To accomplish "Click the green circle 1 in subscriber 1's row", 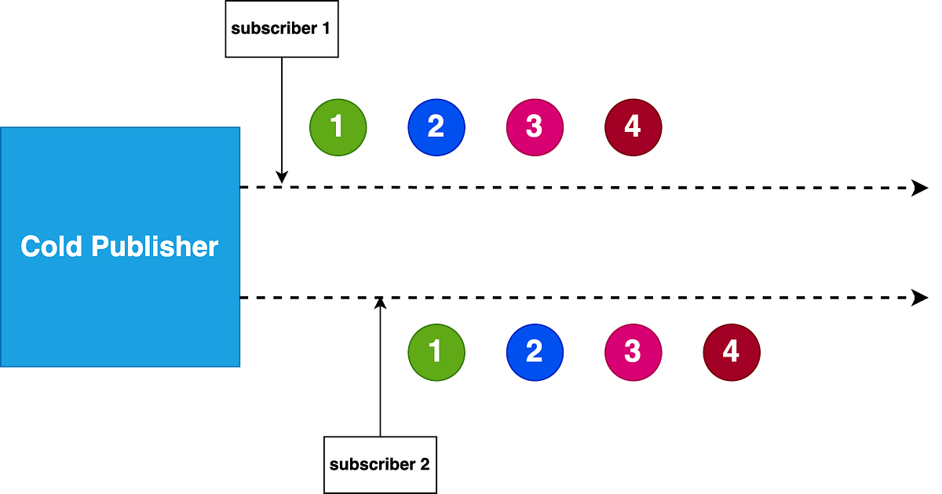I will [338, 126].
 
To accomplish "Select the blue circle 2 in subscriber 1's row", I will [436, 126].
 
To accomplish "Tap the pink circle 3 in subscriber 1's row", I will [535, 126].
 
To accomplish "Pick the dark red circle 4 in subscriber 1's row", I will [633, 126].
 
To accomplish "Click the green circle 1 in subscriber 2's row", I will [436, 352].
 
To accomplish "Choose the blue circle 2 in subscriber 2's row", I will [535, 352].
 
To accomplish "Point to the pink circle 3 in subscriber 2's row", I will [633, 352].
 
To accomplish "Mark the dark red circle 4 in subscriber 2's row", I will [731, 352].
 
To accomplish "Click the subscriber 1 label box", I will [282, 29].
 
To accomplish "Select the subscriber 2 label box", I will [380, 464].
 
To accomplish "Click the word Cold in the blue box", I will [52, 247].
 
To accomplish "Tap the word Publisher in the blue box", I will [155, 247].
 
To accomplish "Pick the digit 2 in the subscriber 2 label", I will [425, 464].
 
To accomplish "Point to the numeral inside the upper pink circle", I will [535, 126].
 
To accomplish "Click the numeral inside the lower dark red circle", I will [731, 352].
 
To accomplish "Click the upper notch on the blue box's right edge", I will [241, 188].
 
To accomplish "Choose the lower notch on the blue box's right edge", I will [241, 298].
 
